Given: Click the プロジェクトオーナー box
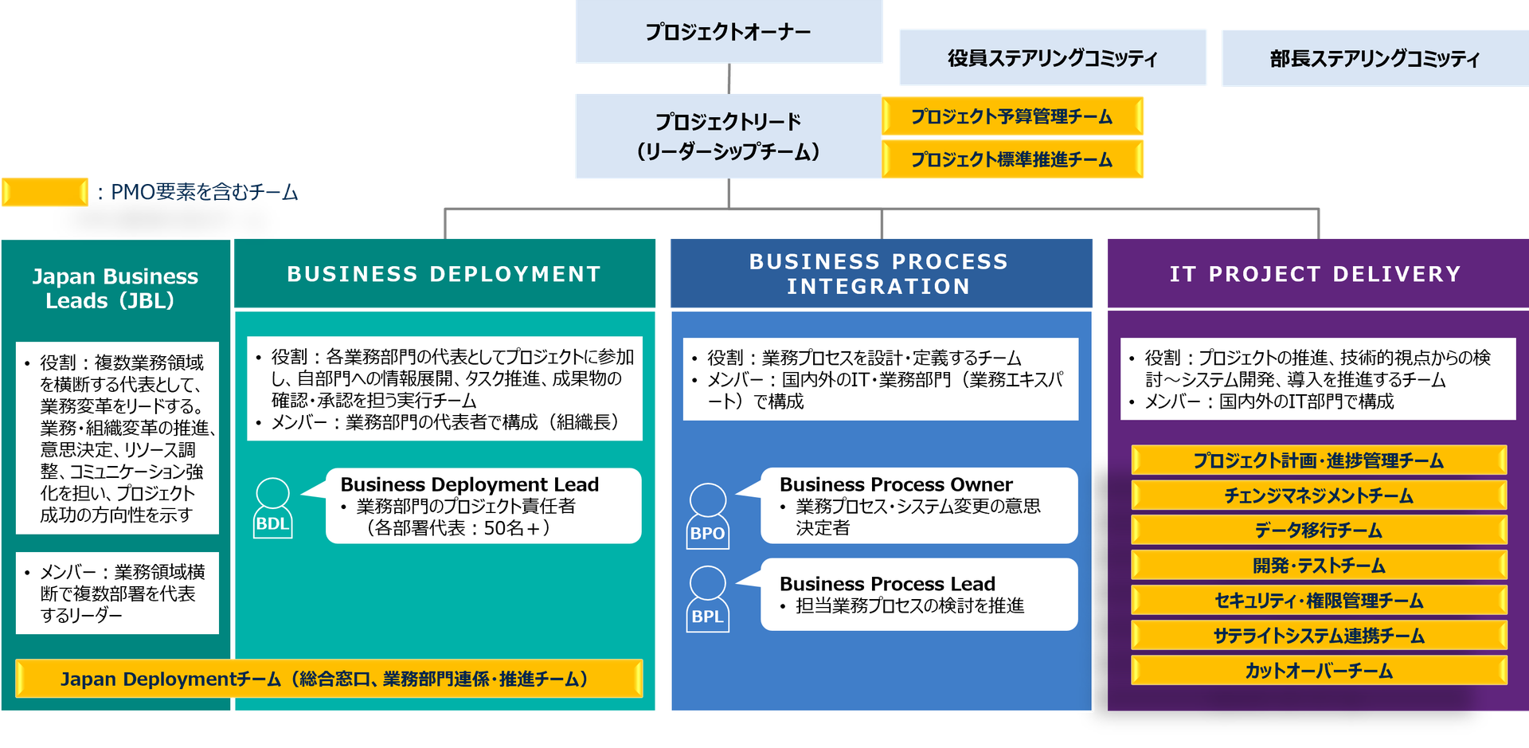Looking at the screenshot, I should pos(728,32).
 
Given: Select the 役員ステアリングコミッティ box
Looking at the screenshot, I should pos(1052,58).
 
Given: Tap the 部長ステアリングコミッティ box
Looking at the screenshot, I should pos(1375,58).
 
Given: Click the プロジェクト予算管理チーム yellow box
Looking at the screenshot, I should pos(1012,117).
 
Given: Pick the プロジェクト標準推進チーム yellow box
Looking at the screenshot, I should pos(1012,159).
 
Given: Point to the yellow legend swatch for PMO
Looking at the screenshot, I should pos(45,192).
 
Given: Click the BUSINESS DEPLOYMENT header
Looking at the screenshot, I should pos(444,274).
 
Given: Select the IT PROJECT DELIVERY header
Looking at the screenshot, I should pos(1316,274).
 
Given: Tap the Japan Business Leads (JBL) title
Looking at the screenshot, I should pos(115,288).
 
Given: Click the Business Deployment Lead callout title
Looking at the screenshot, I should pos(469,484).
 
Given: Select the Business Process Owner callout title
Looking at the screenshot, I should pos(896,484).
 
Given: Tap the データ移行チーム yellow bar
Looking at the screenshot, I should pos(1318,531).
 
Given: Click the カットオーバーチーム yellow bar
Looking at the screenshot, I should pos(1318,671).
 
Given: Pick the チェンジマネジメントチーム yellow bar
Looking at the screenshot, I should pos(1318,495).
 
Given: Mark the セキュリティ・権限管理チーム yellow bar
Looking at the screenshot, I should pos(1318,601).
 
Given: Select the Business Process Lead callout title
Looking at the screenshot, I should pos(887,584).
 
